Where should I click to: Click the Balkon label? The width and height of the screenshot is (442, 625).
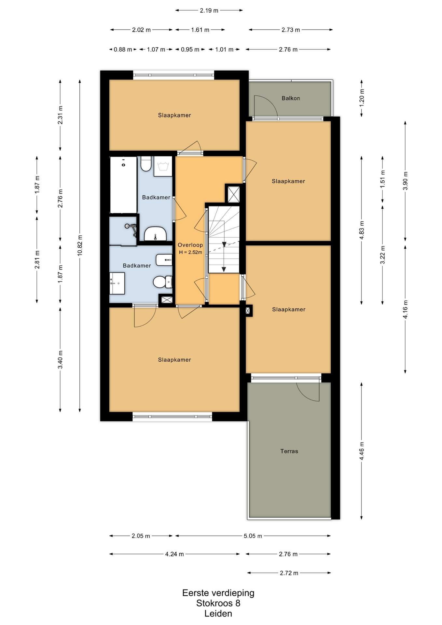[x=291, y=98]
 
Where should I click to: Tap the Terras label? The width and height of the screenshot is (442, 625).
[x=289, y=451]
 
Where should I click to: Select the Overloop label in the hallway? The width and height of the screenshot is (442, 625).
[x=190, y=245]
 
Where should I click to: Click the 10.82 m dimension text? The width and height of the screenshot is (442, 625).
[x=80, y=245]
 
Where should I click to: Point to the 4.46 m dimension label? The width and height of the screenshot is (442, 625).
[x=362, y=451]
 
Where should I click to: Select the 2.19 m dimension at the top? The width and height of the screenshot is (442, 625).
[x=209, y=10]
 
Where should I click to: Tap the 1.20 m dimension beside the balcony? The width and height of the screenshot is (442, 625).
[x=362, y=96]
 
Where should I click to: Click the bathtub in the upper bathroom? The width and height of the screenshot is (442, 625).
[x=123, y=185]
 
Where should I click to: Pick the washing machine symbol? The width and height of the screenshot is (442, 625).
[x=163, y=166]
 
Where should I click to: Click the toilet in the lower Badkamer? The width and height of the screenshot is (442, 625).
[x=162, y=282]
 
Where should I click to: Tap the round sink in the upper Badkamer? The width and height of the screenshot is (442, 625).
[x=155, y=234]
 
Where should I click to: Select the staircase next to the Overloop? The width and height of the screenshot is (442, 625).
[x=224, y=240]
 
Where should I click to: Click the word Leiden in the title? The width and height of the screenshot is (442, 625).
[x=218, y=614]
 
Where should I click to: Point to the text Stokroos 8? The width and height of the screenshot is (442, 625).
[x=218, y=603]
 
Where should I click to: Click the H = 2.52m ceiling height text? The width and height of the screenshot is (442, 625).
[x=190, y=252]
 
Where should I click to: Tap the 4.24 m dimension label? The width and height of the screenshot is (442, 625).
[x=174, y=554]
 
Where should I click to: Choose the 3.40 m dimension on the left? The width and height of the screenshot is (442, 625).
[x=60, y=360]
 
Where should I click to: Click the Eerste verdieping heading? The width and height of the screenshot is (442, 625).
[x=218, y=593]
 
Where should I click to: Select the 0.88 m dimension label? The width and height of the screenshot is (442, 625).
[x=123, y=49]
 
